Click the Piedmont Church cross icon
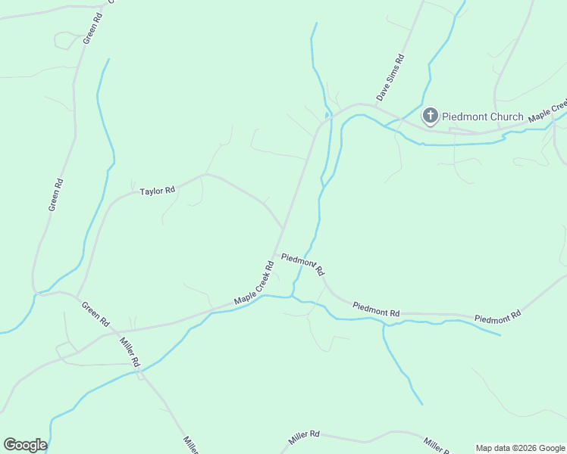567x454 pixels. [x=430, y=116]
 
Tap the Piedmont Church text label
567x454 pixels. [x=483, y=117]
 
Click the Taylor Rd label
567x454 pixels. [x=157, y=191]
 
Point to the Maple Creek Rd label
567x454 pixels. [x=254, y=284]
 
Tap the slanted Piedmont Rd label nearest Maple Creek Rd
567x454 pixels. [x=302, y=264]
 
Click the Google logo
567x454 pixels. [x=25, y=445]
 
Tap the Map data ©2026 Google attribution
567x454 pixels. [x=520, y=448]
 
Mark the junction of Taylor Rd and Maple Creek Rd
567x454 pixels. [x=283, y=227]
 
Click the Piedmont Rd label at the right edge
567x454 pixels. [x=498, y=316]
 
